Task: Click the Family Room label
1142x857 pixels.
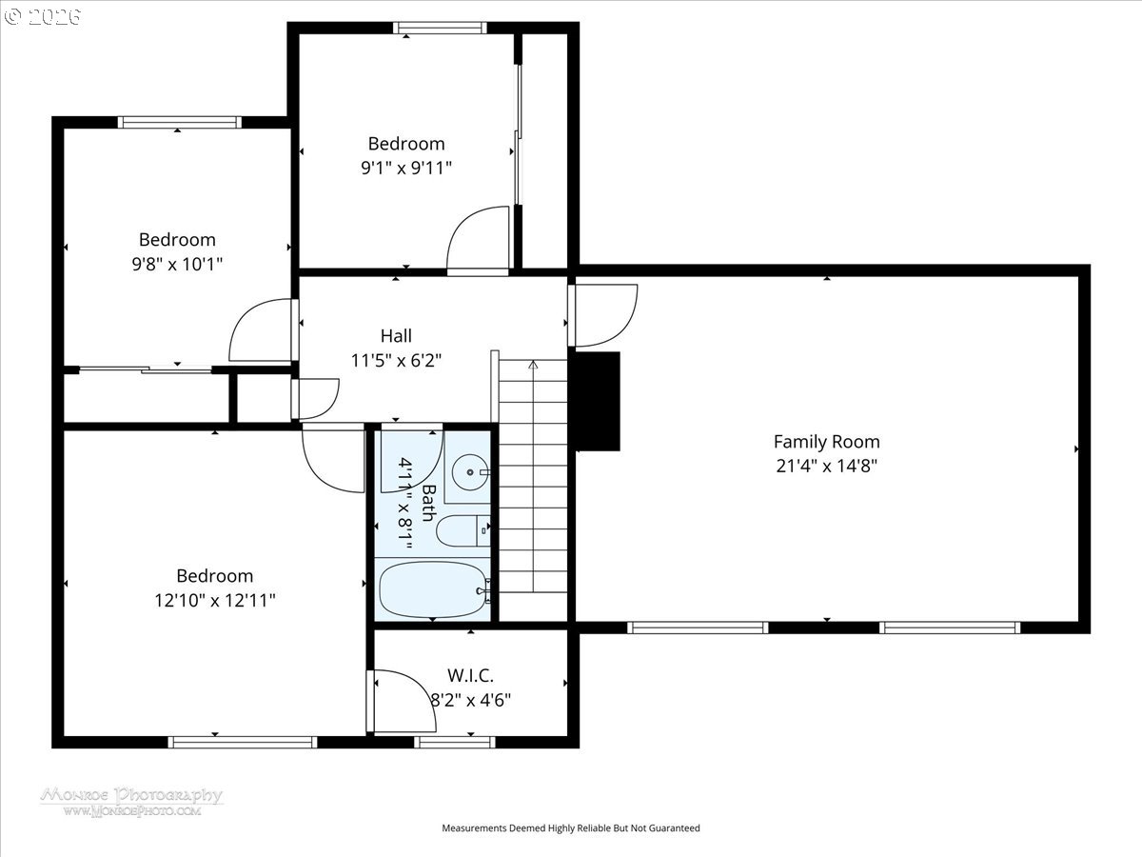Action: [826, 442]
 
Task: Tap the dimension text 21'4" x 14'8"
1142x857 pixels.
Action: [826, 466]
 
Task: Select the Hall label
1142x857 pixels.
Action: [396, 335]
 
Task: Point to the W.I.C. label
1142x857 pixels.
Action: [470, 675]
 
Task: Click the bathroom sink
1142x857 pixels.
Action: [470, 472]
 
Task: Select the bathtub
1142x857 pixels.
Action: [434, 589]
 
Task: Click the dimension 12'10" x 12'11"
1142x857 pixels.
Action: [214, 601]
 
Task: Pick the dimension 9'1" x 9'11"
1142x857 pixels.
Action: [406, 168]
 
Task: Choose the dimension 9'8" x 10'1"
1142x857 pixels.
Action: [177, 264]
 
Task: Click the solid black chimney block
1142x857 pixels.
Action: [597, 401]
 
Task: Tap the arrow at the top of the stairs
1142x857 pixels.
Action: [533, 366]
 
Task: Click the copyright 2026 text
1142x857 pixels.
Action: [43, 16]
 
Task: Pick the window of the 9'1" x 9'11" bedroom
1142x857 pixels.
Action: [440, 28]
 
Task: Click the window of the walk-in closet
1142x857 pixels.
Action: [455, 742]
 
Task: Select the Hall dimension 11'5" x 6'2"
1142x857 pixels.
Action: [396, 360]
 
